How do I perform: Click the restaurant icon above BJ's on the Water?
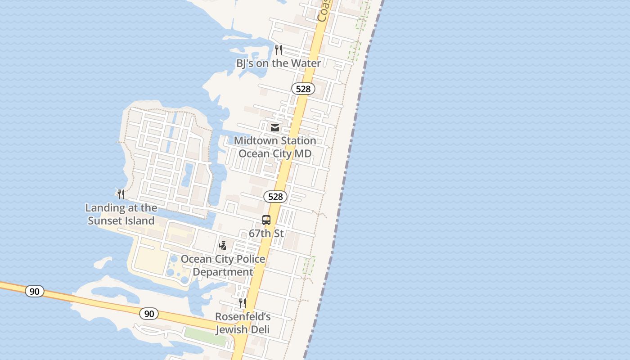pos(279,49)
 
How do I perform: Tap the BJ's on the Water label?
pos(279,63)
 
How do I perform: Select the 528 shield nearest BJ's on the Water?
pos(303,89)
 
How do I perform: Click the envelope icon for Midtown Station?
pos(275,128)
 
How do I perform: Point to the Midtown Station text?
pos(275,141)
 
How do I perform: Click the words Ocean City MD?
pos(275,153)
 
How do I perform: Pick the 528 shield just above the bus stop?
pos(275,196)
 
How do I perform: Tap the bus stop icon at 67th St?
pos(266,220)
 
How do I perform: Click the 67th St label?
pos(266,234)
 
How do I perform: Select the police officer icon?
pos(222,246)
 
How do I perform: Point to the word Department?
pos(223,272)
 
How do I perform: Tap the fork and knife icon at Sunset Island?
pos(121,194)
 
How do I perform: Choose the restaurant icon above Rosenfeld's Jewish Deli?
pos(243,303)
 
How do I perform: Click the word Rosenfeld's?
pos(243,316)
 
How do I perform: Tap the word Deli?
pos(261,330)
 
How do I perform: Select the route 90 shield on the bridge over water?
pos(35,291)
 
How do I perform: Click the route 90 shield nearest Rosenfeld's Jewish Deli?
pos(149,313)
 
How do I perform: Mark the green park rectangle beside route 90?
pos(205,336)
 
